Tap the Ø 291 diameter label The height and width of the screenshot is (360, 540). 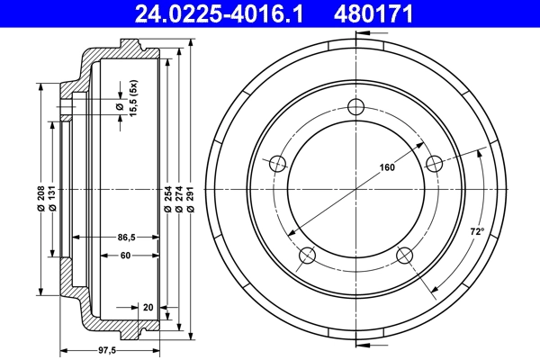click(191, 209)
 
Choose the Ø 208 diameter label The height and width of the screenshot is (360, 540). click(41, 209)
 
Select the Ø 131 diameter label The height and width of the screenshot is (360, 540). click(54, 209)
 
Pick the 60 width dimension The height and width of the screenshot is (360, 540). click(125, 256)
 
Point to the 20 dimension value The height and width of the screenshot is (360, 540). click(147, 307)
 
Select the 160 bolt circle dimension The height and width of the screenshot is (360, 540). click(387, 167)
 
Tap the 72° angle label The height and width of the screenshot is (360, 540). click(476, 232)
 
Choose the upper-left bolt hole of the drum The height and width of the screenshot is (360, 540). click(278, 163)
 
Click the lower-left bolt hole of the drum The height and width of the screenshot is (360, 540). click(308, 256)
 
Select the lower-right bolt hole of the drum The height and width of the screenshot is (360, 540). click(405, 256)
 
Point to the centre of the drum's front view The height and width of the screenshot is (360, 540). click(357, 189)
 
